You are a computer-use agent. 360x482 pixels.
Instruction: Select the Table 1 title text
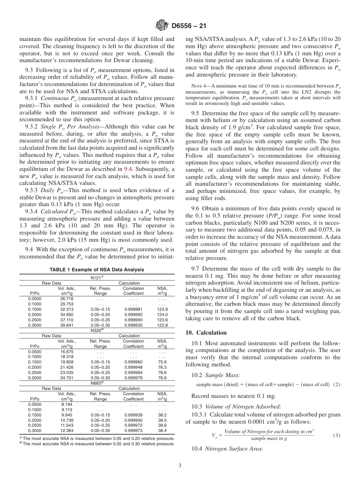tap(97, 269)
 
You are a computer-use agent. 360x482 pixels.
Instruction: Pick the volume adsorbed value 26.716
tap(67, 299)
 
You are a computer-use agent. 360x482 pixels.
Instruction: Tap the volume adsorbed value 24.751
tap(67, 378)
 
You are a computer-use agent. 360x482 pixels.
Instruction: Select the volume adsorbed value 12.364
tap(67, 431)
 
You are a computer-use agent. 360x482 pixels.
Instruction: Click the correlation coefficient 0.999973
tap(133, 431)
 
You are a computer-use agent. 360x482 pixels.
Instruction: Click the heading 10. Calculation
tap(206, 333)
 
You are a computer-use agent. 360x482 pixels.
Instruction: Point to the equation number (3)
tap(337, 435)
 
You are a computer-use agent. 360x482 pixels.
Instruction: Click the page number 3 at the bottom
tap(180, 465)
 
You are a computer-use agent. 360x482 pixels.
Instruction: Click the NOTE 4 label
tap(201, 87)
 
